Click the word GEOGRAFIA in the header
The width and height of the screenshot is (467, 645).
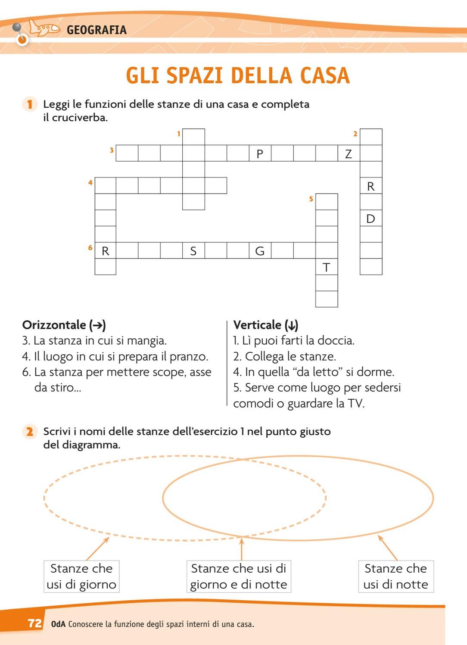click(x=97, y=30)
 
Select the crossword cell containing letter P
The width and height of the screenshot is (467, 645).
click(x=260, y=153)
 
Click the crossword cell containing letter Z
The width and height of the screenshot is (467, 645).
click(x=349, y=153)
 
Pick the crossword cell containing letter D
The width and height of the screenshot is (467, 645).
click(x=371, y=219)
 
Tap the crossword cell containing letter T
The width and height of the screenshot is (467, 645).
click(x=327, y=267)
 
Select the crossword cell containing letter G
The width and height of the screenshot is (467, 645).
click(x=260, y=251)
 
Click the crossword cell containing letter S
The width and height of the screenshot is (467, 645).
click(x=193, y=251)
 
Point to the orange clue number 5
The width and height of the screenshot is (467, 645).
click(x=311, y=199)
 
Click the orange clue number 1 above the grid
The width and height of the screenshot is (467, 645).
click(x=178, y=134)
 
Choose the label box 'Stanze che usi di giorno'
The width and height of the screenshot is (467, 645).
click(x=81, y=576)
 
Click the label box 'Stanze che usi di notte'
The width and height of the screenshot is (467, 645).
click(x=396, y=576)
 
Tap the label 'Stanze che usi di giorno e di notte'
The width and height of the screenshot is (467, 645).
click(x=239, y=576)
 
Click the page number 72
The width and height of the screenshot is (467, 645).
click(x=34, y=623)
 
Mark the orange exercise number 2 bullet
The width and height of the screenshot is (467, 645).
click(x=29, y=432)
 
